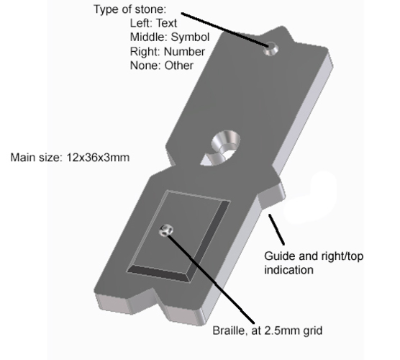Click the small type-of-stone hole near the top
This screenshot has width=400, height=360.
click(x=271, y=49)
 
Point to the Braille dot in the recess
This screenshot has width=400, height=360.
click(x=165, y=230)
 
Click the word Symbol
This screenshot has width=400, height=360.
click(x=190, y=37)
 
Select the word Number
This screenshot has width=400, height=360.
click(x=184, y=52)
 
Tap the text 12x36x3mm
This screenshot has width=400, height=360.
click(x=98, y=158)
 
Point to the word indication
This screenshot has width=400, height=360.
click(x=288, y=270)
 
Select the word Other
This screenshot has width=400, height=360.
click(x=178, y=66)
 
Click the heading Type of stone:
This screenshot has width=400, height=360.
click(x=130, y=10)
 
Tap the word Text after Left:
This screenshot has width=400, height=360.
click(x=166, y=23)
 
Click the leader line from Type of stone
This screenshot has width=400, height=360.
click(x=225, y=30)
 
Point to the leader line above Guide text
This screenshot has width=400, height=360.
click(x=276, y=230)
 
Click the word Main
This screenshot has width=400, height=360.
click(x=23, y=158)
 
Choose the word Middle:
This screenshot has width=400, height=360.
click(x=149, y=37)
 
